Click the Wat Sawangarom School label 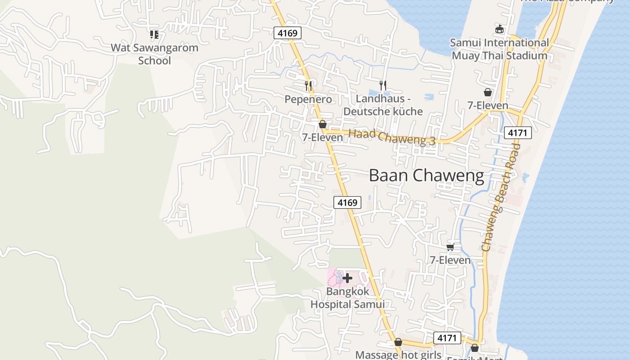[154, 54]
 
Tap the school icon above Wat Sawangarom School [154, 34]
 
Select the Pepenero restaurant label [308, 99]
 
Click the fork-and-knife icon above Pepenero [308, 85]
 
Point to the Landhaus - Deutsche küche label [383, 105]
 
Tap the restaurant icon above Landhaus [383, 85]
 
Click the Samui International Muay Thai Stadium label [499, 49]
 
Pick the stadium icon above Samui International [499, 29]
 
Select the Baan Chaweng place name [426, 175]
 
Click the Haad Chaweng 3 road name [392, 137]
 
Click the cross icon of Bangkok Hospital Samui [347, 278]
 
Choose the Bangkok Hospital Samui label [347, 298]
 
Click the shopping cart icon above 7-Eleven [450, 247]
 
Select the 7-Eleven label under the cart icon [450, 260]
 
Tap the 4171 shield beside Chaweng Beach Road [518, 133]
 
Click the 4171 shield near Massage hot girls [447, 338]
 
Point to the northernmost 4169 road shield [287, 33]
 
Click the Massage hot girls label [398, 355]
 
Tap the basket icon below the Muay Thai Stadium [487, 92]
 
